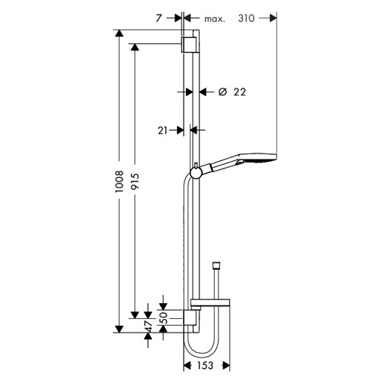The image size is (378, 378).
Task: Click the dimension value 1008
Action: pyautogui.click(x=119, y=181)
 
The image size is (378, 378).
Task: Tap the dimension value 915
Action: pyautogui.click(x=135, y=181)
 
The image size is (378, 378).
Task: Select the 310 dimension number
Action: pyautogui.click(x=246, y=18)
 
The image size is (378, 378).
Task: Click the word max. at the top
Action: pyautogui.click(x=215, y=19)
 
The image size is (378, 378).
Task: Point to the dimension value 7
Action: pyautogui.click(x=158, y=18)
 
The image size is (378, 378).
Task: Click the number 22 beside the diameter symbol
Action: pyautogui.click(x=240, y=92)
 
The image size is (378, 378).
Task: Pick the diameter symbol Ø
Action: pyautogui.click(x=222, y=91)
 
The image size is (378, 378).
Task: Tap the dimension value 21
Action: pyautogui.click(x=163, y=131)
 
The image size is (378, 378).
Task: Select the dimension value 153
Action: pyautogui.click(x=205, y=366)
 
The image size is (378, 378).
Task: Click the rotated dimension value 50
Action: pyautogui.click(x=164, y=318)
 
